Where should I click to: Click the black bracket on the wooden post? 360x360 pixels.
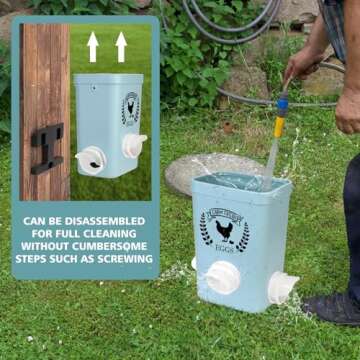[46, 148]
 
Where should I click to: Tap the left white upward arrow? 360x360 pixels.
[92, 46]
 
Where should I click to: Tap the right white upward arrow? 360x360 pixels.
[121, 46]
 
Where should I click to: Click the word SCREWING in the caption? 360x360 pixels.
[125, 259]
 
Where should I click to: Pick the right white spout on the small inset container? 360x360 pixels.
[134, 145]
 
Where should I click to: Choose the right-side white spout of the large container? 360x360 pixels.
[283, 288]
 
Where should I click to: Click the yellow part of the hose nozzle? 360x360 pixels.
[280, 125]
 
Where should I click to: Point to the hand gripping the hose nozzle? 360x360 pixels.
[301, 65]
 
